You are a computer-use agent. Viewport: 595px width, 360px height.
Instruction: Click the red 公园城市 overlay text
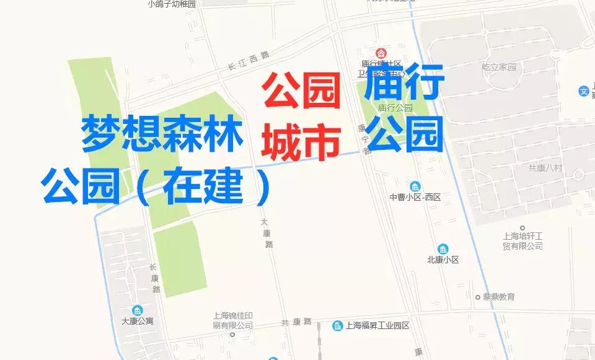point(301,116)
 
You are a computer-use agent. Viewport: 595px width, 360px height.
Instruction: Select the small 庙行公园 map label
point(395,107)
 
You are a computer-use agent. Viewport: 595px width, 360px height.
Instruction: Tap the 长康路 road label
point(154,278)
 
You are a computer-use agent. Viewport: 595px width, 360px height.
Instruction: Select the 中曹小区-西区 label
point(415,197)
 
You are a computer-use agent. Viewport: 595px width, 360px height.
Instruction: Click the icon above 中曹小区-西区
point(415,186)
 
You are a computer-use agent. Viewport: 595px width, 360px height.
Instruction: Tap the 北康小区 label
point(443,260)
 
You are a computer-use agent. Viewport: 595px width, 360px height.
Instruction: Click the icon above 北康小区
point(443,248)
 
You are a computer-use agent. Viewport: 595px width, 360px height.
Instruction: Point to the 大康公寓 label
point(137,321)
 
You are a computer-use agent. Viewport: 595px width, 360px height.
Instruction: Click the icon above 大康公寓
point(137,310)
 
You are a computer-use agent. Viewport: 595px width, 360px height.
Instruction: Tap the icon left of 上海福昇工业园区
point(338,325)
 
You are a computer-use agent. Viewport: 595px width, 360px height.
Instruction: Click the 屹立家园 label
point(499,66)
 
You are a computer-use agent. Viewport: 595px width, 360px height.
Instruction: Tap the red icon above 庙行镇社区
point(381,53)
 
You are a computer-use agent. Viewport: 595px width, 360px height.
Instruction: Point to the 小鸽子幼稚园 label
point(172,4)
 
